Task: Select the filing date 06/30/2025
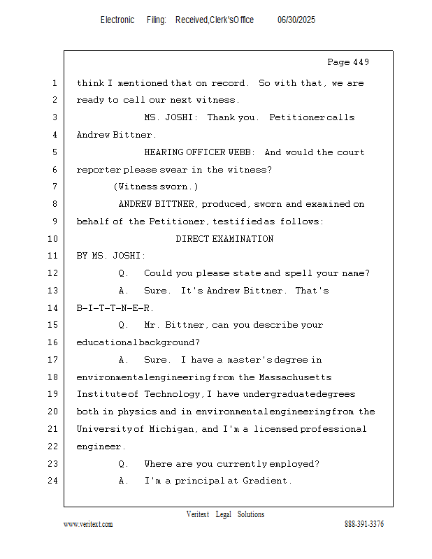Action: coord(296,20)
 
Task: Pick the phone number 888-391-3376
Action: coord(364,524)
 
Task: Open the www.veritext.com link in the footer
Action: coord(88,524)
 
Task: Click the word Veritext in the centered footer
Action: coord(198,514)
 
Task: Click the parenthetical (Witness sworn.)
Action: coord(156,187)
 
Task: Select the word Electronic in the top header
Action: coord(117,20)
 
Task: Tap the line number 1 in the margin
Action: coord(55,83)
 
